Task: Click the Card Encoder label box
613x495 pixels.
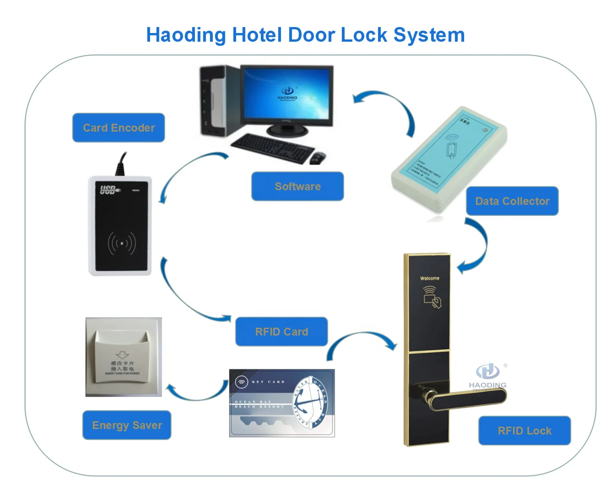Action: point(119,128)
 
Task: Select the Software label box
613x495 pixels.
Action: point(298,187)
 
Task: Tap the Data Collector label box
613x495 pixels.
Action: point(512,201)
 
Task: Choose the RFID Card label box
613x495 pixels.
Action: point(282,332)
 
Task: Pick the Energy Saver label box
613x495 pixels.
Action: point(127,425)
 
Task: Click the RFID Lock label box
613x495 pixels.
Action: point(525,431)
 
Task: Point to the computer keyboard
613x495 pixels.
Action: point(272,147)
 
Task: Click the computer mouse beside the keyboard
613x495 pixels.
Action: point(317,158)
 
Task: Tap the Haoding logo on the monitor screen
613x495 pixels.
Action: point(288,93)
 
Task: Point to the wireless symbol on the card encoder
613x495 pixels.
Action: point(122,243)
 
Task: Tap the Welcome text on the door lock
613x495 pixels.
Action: point(429,278)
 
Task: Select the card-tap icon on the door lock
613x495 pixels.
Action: point(432,297)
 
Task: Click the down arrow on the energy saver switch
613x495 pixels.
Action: point(122,355)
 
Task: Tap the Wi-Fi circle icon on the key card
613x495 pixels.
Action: point(241,382)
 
